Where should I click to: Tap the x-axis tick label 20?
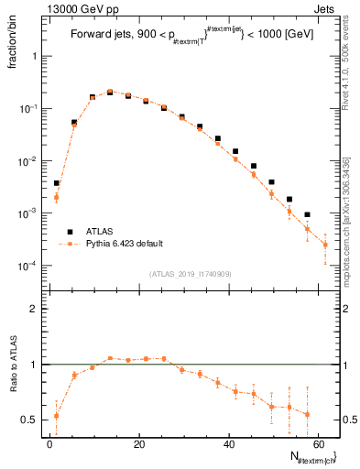coord(137,443)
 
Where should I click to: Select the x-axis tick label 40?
coord(226,443)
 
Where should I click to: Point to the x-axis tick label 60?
coord(316,443)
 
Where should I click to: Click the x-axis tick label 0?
coord(49,443)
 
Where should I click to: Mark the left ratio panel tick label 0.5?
coord(29,420)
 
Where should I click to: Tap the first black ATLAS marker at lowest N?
coord(57,183)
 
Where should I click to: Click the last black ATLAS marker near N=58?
coord(307,214)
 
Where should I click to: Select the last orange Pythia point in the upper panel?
coord(325,245)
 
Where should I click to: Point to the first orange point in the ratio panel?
coord(57,416)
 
